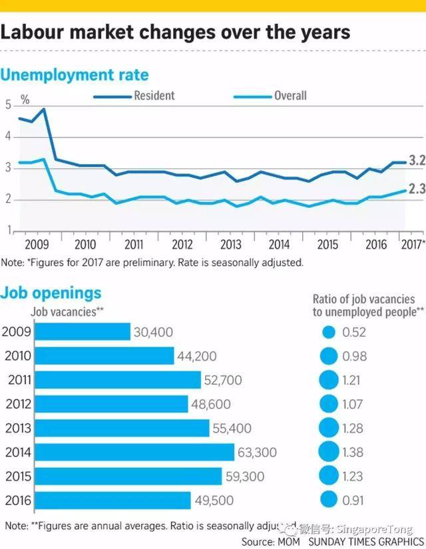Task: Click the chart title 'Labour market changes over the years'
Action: pyautogui.click(x=176, y=33)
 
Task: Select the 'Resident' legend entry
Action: pyautogui.click(x=153, y=96)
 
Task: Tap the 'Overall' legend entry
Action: pyautogui.click(x=290, y=96)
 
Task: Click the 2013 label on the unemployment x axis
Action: pyautogui.click(x=230, y=244)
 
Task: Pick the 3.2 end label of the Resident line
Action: pyautogui.click(x=417, y=162)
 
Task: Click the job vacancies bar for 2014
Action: pyautogui.click(x=134, y=453)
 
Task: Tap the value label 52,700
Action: pyautogui.click(x=224, y=380)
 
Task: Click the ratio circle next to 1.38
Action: pyautogui.click(x=329, y=453)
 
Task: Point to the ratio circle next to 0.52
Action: pyautogui.click(x=329, y=332)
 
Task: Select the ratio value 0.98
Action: pyautogui.click(x=351, y=356)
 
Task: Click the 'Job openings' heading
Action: pyautogui.click(x=51, y=293)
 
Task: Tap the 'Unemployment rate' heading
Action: pyautogui.click(x=74, y=74)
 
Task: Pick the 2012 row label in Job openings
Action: pyautogui.click(x=17, y=404)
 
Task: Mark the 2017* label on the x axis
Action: pyautogui.click(x=413, y=244)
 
